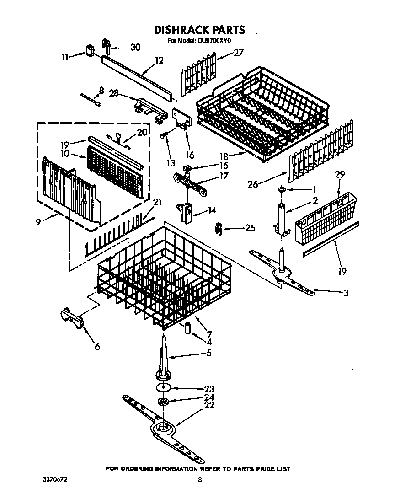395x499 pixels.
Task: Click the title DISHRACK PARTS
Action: (199, 30)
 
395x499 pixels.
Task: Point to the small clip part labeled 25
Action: (219, 228)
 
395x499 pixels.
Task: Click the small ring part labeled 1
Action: (282, 188)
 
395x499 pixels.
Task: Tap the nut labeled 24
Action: (163, 402)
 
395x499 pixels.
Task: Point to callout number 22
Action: (209, 405)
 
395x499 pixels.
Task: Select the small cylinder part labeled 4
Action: (187, 328)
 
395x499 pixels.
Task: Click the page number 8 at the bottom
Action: (199, 480)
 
